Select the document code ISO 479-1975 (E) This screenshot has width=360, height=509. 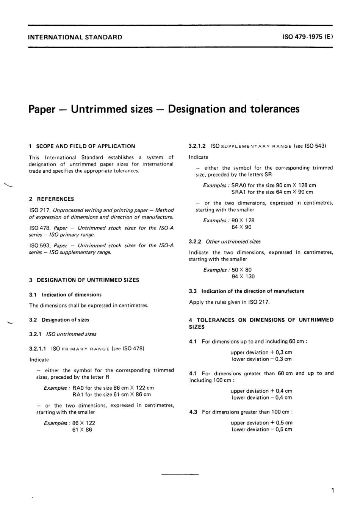tap(308, 37)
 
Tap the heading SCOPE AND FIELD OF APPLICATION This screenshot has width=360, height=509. tap(85, 146)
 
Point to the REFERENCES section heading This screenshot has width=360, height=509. tap(55, 199)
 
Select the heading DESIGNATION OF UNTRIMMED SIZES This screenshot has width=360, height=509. tap(88, 280)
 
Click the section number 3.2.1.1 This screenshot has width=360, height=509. tap(38, 348)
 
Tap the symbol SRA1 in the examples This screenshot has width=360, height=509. tap(239, 192)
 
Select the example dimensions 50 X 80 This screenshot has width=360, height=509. tap(241, 270)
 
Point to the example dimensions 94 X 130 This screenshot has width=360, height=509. tap(243, 276)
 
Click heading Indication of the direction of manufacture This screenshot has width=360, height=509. tap(252, 291)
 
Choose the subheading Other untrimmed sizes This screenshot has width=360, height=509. tap(233, 242)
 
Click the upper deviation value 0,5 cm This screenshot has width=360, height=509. tap(284, 423)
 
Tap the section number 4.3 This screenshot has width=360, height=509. tap(193, 412)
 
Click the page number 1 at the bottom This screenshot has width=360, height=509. tap(332, 491)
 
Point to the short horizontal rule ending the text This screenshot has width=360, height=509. tap(180, 474)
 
